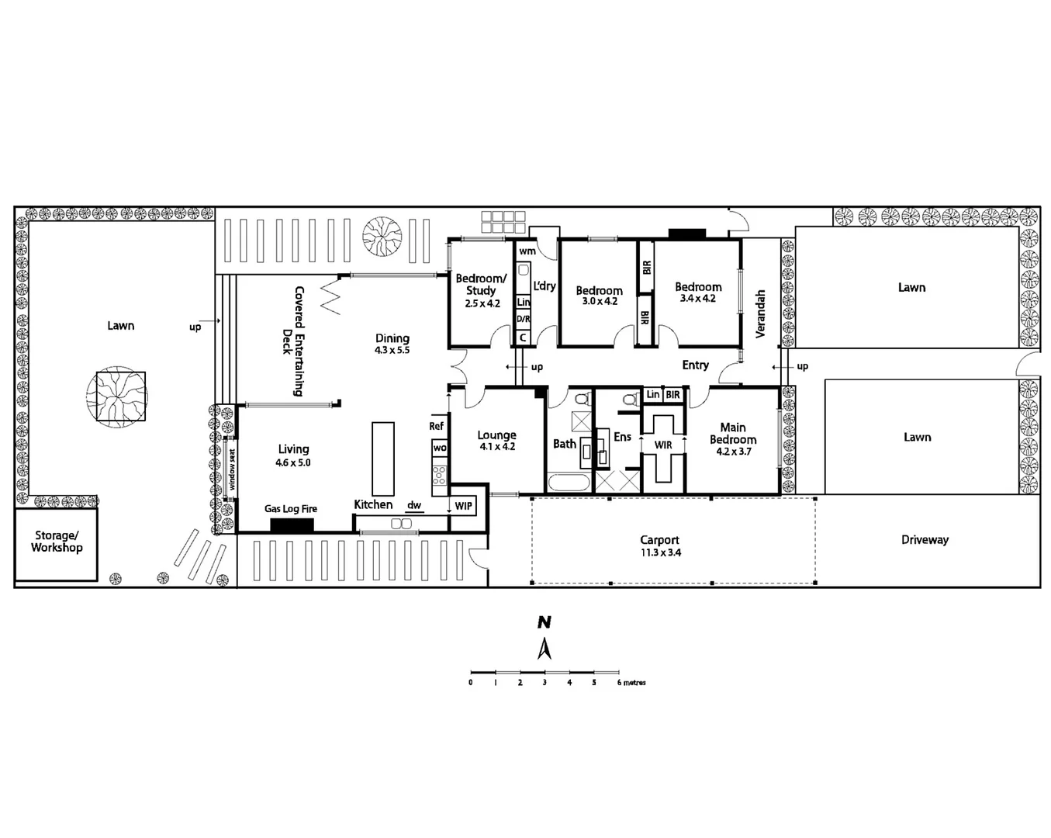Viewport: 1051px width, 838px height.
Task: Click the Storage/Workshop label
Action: (57, 542)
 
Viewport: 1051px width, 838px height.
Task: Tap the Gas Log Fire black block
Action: (292, 525)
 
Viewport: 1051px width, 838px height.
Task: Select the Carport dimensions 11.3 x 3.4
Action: (660, 553)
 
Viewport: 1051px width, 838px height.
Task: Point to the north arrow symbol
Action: (545, 648)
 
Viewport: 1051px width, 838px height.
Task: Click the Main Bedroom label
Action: (733, 433)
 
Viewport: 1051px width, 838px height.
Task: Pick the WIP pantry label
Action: (463, 507)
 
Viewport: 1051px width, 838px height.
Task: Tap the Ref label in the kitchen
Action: (437, 426)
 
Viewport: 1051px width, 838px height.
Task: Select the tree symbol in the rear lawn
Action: (120, 396)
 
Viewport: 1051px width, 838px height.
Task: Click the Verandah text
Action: (760, 313)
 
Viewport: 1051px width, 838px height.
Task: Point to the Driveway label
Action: (925, 540)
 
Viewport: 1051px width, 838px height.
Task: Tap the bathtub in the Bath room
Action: (569, 483)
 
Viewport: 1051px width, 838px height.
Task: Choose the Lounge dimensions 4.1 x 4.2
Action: (497, 447)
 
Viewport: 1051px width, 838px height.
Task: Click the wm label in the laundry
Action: (527, 251)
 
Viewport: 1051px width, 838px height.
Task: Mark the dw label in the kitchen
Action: (414, 505)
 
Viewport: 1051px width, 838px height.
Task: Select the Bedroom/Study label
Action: (481, 284)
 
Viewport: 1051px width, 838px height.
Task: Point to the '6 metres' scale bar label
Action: (631, 683)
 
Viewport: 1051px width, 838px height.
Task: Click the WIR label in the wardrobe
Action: (663, 445)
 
